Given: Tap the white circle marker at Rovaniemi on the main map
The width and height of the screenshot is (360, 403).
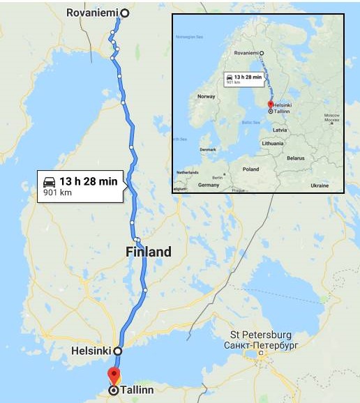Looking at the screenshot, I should pos(125,13).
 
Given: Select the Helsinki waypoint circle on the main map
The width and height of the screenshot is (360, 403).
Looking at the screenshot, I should pos(118,351).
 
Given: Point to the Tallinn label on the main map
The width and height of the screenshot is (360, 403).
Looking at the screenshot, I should pos(137,390).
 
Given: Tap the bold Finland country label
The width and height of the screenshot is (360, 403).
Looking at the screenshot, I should pos(148,252).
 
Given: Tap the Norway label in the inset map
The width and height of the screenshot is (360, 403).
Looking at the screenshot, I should pos(207,96).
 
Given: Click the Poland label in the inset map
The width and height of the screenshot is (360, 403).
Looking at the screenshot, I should pos(250,169).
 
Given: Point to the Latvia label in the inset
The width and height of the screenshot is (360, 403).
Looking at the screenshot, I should pos(280,130).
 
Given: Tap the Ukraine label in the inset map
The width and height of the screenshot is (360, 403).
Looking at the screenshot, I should pos(319,185).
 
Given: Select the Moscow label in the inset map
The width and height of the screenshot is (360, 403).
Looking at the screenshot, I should pos(331,114).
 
